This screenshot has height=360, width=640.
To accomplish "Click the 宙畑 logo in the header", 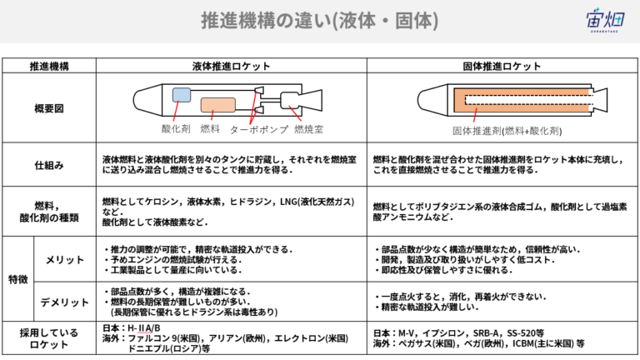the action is pos(605,20).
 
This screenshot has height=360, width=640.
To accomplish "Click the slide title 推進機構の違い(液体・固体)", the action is pos(320,20).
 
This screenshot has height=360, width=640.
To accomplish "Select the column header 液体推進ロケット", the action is pos(232,66).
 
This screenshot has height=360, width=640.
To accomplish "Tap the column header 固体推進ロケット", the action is pos(502,66).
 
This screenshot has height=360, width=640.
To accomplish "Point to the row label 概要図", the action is pos(49,108).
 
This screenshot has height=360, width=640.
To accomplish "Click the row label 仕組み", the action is pos(49,165).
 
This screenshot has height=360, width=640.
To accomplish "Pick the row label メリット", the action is pos(65,260).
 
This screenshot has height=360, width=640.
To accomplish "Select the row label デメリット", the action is pos(64,302).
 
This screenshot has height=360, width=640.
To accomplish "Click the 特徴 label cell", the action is pos(18,280).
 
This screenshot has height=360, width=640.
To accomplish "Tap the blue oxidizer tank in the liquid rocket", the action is pos(182,95).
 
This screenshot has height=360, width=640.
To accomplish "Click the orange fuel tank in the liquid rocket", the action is pos(218,105).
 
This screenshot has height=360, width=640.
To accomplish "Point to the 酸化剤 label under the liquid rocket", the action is pos(176,129).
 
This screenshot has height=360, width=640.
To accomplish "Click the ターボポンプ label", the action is pos(259,129).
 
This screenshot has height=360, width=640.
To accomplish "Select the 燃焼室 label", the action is pos(308,129).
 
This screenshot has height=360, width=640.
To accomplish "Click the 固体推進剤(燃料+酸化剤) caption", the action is pos(507,131).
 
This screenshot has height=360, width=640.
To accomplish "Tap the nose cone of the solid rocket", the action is pos(432,99).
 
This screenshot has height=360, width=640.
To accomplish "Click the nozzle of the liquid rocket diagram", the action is pos(312,100).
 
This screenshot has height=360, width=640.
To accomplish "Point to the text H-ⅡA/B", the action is pos(144,328).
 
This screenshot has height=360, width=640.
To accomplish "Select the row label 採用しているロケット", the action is pos(49,338).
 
